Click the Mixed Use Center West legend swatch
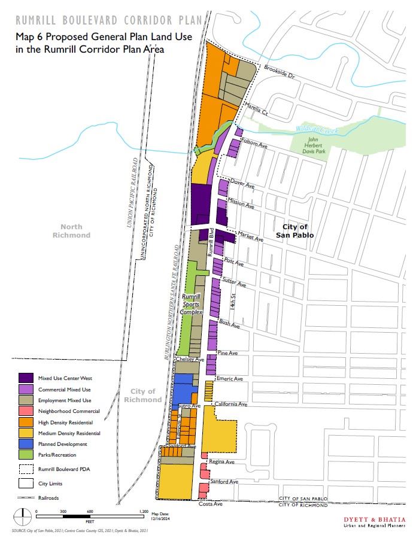coord(26,378)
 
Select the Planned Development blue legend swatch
coord(26,444)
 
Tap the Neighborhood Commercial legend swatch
coord(26,411)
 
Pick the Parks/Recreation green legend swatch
coord(26,455)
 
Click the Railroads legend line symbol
coord(26,497)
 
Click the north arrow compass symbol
coord(22,514)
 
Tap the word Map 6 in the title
coord(28,37)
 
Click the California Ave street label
coord(232,404)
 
